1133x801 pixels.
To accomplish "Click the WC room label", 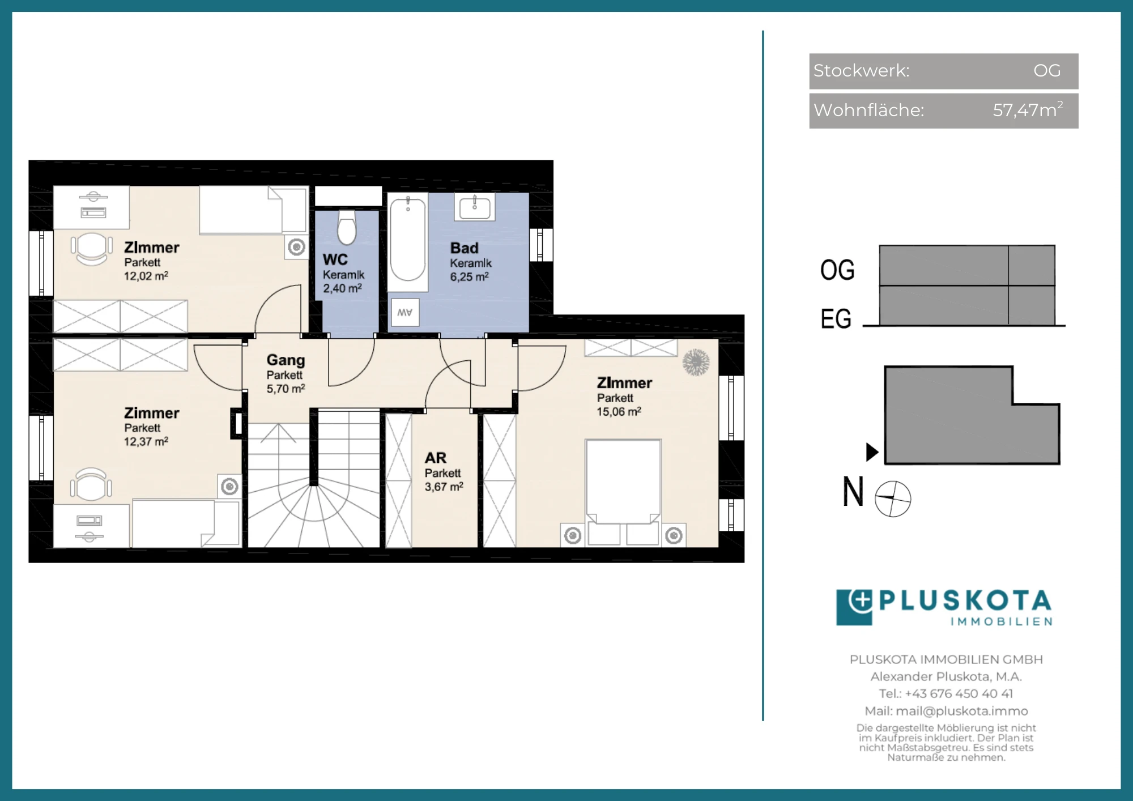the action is pyautogui.click(x=335, y=259).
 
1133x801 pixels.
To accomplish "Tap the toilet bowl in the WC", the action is pyautogui.click(x=347, y=228).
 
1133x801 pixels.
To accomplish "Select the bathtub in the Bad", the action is pyautogui.click(x=408, y=239).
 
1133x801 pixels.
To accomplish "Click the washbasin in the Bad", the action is pyautogui.click(x=475, y=207).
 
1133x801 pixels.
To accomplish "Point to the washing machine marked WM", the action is pyautogui.click(x=405, y=312).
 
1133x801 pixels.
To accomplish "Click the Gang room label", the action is pyautogui.click(x=286, y=360).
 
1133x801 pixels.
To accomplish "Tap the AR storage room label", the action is pyautogui.click(x=436, y=458).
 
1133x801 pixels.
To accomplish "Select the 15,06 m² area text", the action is pyautogui.click(x=619, y=412).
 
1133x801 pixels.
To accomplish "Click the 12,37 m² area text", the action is pyautogui.click(x=146, y=441).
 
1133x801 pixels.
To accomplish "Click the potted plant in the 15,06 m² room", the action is pyautogui.click(x=696, y=363).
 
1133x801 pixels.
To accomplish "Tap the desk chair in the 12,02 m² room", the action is pyautogui.click(x=91, y=249).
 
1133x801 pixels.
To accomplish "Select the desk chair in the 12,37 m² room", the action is pyautogui.click(x=91, y=485).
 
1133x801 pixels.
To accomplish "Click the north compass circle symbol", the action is pyautogui.click(x=893, y=499).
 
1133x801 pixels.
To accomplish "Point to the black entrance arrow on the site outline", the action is pyautogui.click(x=872, y=452).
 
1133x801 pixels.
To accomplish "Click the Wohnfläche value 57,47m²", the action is pyautogui.click(x=1028, y=109).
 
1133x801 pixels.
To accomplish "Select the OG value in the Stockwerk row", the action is pyautogui.click(x=1047, y=70).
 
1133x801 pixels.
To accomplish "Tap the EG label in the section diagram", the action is pyautogui.click(x=836, y=318).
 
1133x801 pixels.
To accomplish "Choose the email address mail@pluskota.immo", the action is pyautogui.click(x=962, y=711).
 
